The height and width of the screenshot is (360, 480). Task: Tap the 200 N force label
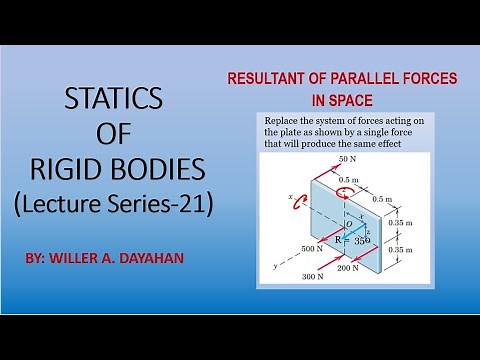pyautogui.click(x=350, y=269)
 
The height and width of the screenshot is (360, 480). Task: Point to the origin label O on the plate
pyautogui.click(x=346, y=224)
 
